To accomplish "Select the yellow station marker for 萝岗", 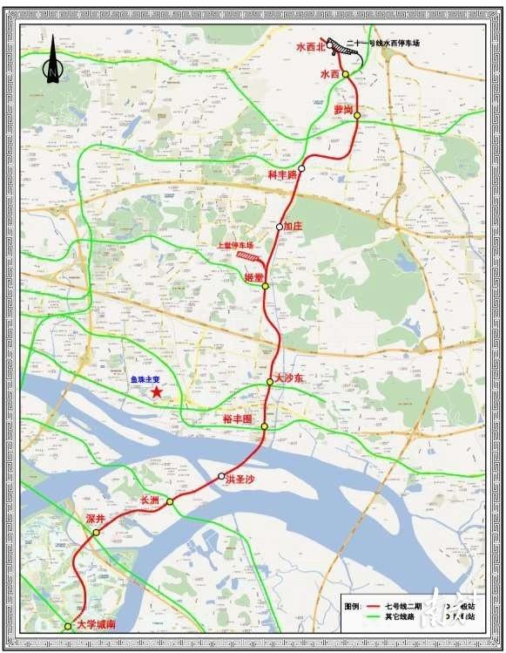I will [x=357, y=114].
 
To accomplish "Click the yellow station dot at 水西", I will [x=346, y=75].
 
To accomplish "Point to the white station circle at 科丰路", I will [x=301, y=168].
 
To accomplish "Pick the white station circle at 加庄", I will [x=280, y=227].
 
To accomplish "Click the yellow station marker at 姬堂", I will [x=265, y=286].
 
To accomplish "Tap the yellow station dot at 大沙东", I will [x=270, y=382].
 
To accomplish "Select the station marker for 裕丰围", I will [x=264, y=426].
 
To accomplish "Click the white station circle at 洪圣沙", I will [x=221, y=476].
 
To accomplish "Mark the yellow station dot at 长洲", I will [x=171, y=502].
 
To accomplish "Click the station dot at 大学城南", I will [x=68, y=626].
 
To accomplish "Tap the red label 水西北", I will [x=309, y=46].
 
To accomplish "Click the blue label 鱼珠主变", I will [x=139, y=379].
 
